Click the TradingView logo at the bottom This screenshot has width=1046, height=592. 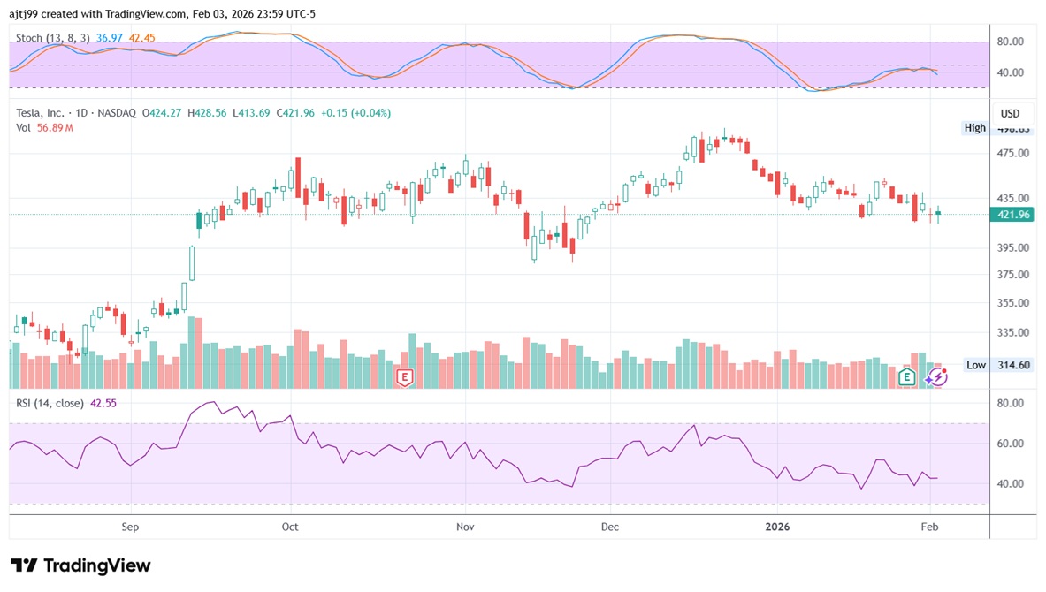[80, 565]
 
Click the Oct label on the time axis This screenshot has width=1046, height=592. [289, 527]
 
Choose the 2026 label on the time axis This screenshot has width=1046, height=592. [776, 527]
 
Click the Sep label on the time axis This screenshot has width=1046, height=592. [130, 527]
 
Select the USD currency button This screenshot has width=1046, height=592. [1010, 113]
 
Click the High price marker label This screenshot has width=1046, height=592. [974, 128]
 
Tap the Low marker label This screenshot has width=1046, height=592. [975, 365]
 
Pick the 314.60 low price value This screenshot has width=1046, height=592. [1012, 365]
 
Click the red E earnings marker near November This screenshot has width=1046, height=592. [405, 378]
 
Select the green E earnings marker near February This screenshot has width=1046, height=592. [906, 378]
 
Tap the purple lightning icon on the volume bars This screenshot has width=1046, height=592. [936, 378]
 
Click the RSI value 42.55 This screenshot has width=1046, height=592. [103, 403]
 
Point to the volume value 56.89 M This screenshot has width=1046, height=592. [55, 128]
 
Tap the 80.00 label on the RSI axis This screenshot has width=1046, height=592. [1010, 403]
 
